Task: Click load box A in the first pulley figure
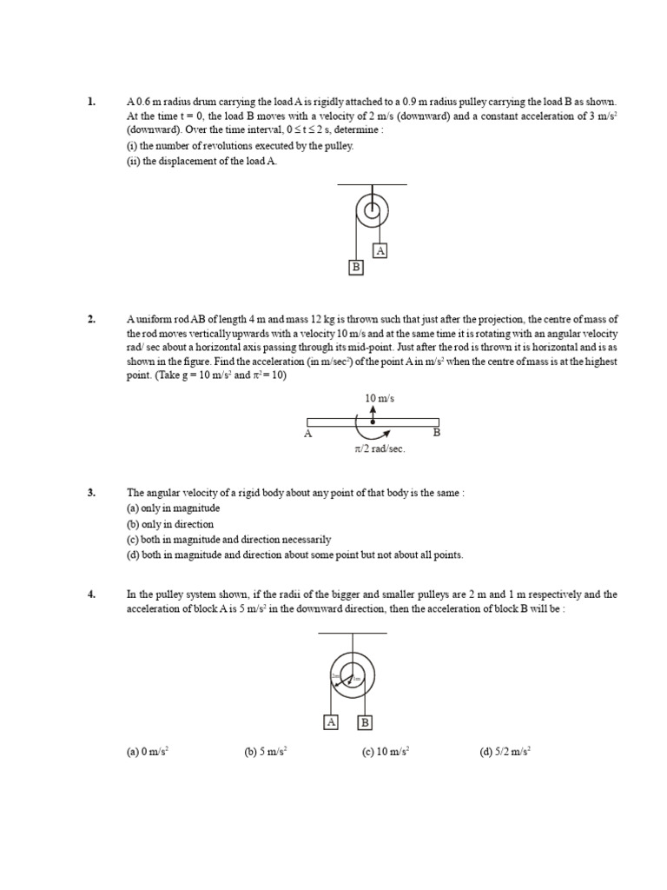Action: point(380,250)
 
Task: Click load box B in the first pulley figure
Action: point(355,267)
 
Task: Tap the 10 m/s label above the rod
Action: point(374,398)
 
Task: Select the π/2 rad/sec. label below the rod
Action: point(380,448)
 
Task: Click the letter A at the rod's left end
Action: point(307,433)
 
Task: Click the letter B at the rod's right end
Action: point(437,432)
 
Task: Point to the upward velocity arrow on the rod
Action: point(373,412)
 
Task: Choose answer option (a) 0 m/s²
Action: point(148,752)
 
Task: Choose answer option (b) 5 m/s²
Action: point(266,752)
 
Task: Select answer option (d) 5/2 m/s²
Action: point(505,752)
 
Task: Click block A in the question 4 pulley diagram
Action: point(331,722)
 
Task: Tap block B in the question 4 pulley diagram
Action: point(365,722)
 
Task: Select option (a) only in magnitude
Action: point(174,508)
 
